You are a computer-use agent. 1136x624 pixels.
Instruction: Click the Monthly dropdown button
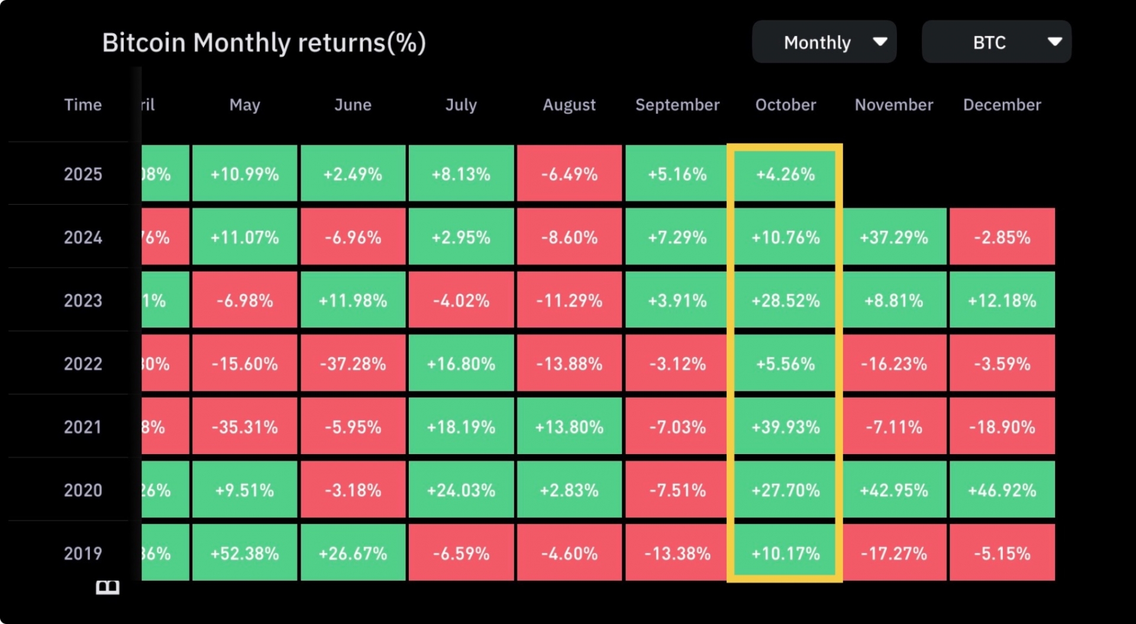click(824, 42)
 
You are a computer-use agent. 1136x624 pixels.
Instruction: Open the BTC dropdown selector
click(996, 42)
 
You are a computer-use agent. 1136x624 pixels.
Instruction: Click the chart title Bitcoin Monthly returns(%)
click(264, 43)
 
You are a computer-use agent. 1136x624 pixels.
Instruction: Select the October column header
click(785, 105)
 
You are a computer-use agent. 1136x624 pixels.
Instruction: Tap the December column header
click(1002, 105)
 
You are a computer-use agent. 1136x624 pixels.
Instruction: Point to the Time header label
click(83, 105)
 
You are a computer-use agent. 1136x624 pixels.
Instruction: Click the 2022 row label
click(83, 364)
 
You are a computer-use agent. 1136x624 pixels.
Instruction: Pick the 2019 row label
click(83, 554)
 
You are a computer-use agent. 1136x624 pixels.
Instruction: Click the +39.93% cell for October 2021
click(785, 427)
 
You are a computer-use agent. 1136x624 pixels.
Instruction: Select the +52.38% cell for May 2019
click(244, 554)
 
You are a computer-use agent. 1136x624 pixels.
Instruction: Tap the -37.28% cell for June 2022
click(353, 364)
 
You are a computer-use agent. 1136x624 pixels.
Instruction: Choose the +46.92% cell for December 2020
click(1002, 490)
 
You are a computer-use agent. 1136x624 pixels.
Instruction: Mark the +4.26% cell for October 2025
click(785, 174)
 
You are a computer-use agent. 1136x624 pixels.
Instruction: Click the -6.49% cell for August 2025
click(569, 174)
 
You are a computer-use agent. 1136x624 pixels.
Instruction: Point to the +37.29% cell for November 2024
click(893, 237)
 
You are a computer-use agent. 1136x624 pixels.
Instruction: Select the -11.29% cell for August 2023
click(569, 301)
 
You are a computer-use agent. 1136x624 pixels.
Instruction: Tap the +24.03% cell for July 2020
click(461, 490)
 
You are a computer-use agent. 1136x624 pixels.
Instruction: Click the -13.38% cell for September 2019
click(677, 554)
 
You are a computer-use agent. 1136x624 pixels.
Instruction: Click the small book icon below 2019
click(108, 587)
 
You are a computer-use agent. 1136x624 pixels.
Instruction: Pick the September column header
click(677, 105)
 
